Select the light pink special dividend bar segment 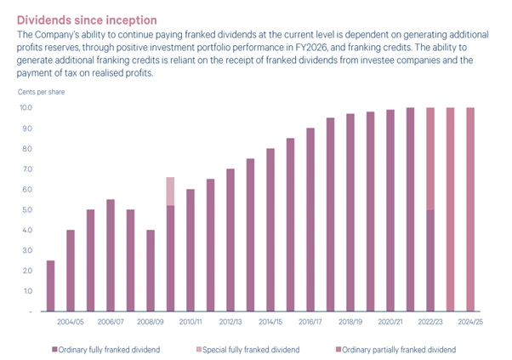(170, 191)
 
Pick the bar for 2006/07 (111, 255)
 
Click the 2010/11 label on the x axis (191, 322)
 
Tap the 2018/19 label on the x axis (350, 322)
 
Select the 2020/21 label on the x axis (390, 322)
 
